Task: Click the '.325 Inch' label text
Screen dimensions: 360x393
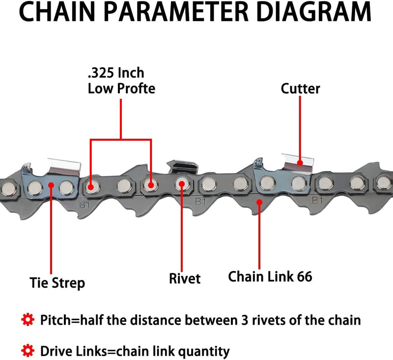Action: tap(116, 73)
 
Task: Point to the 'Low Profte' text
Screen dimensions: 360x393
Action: tap(121, 89)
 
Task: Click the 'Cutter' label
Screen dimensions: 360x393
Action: tap(300, 88)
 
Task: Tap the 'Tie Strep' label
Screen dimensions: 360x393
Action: tap(56, 283)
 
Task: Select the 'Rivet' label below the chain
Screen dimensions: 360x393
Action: tap(185, 279)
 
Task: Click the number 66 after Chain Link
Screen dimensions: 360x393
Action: tap(304, 277)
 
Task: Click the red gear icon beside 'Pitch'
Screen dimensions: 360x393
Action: tap(28, 321)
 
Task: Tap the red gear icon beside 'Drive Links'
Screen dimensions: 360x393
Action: tap(28, 351)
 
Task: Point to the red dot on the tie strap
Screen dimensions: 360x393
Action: tap(51, 185)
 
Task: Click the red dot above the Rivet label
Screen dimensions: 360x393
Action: tap(182, 184)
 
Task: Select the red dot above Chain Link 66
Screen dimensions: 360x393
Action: tap(259, 201)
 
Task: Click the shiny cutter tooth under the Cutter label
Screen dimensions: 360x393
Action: tap(300, 162)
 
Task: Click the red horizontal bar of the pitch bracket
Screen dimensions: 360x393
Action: tap(121, 140)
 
